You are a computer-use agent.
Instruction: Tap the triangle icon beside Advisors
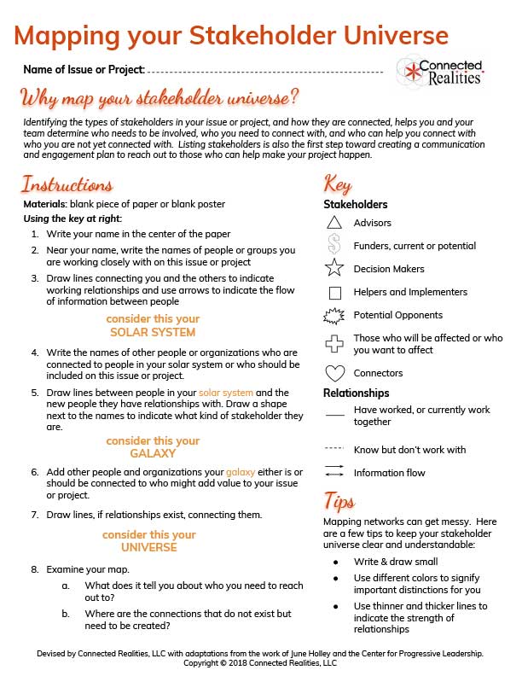pyautogui.click(x=334, y=223)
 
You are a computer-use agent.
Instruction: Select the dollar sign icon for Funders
pyautogui.click(x=334, y=246)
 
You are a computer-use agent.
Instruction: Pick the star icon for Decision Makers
pyautogui.click(x=334, y=269)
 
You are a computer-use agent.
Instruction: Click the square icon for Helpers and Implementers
pyautogui.click(x=334, y=292)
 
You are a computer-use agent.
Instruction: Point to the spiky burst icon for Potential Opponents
pyautogui.click(x=334, y=315)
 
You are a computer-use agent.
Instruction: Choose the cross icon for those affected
pyautogui.click(x=334, y=344)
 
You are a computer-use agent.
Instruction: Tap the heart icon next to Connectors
pyautogui.click(x=334, y=373)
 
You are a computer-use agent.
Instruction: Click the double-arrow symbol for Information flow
pyautogui.click(x=334, y=472)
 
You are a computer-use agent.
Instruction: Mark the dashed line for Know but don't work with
pyautogui.click(x=334, y=449)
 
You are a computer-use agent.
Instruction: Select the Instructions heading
pyautogui.click(x=67, y=184)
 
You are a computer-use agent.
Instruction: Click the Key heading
pyautogui.click(x=338, y=184)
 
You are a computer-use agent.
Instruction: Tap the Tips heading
pyautogui.click(x=339, y=500)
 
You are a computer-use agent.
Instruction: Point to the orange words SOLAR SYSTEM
pyautogui.click(x=153, y=332)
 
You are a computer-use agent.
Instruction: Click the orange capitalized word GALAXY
pyautogui.click(x=153, y=453)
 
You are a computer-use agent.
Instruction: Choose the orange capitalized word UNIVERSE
pyautogui.click(x=149, y=547)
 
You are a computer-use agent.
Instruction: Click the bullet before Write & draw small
pyautogui.click(x=336, y=562)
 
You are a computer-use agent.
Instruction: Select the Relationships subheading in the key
pyautogui.click(x=357, y=393)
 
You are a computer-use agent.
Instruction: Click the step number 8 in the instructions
pyautogui.click(x=35, y=568)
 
